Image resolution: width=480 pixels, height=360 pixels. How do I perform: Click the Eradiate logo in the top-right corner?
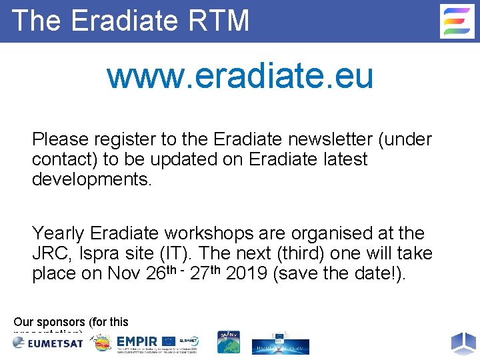(457, 21)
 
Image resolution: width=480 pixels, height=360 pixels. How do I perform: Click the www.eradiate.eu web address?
(240, 76)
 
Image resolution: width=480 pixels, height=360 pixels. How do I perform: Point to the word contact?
(63, 159)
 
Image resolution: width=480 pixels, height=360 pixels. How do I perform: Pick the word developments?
(92, 179)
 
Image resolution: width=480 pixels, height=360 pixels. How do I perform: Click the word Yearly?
(58, 233)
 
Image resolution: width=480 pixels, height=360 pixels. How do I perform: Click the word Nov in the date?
(123, 274)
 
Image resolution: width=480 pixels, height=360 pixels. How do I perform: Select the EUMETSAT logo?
(47, 342)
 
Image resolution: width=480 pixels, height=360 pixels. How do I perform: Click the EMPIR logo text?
(137, 342)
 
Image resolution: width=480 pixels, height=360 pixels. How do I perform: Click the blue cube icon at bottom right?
(463, 343)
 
